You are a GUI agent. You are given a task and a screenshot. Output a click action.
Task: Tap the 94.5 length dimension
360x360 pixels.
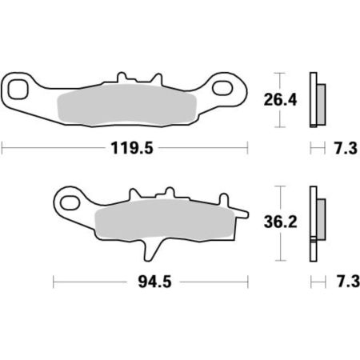click(149, 282)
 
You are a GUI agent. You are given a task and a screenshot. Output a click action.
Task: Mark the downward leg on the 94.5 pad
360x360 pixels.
click(149, 248)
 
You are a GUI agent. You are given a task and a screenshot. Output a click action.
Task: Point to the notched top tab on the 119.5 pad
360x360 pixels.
click(122, 78)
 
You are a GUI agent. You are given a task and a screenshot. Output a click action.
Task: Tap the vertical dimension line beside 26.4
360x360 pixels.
click(278, 101)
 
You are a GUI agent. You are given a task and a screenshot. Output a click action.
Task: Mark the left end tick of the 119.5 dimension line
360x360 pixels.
click(2, 148)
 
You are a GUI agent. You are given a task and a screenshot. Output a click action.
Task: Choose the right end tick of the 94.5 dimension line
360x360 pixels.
click(247, 282)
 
